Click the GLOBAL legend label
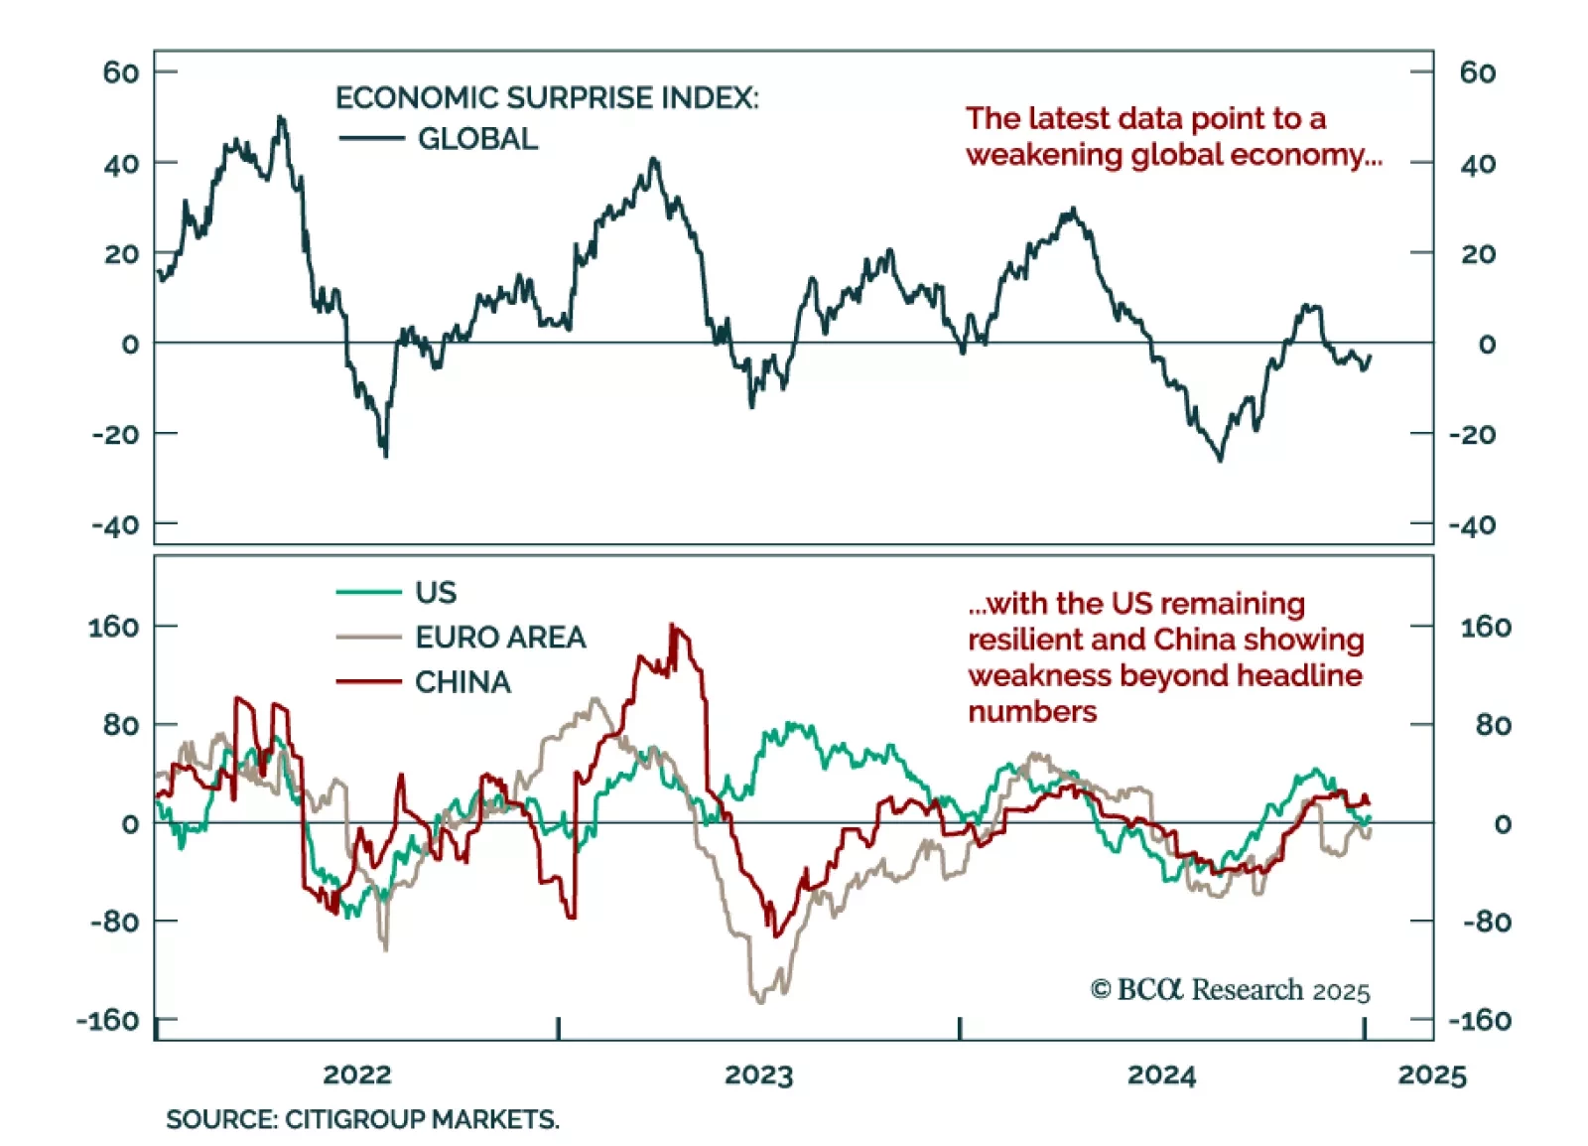pos(477,139)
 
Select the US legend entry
pos(436,593)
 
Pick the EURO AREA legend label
pos(500,638)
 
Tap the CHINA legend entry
pos(463,682)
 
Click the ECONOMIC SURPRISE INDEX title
pos(547,97)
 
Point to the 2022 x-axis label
pos(357,1074)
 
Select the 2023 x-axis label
pos(759,1074)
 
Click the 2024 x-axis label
pos(1162,1074)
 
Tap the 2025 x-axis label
pos(1432,1074)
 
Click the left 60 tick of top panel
pos(121,72)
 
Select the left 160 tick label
pos(113,627)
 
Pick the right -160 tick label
pos(1480,1020)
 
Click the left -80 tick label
pos(115,922)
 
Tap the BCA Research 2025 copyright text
pos(1231,990)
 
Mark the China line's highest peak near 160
pos(673,626)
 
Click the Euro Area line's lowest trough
pos(760,1001)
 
